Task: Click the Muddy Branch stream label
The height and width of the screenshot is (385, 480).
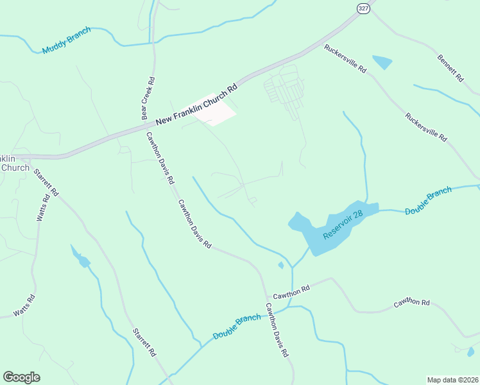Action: coord(67,40)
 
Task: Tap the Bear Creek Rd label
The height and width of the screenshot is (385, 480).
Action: coord(148,99)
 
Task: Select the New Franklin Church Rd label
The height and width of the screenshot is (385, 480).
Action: coord(197,103)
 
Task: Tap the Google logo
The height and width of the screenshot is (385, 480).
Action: coord(21,377)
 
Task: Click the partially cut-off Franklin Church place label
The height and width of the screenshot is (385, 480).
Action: coord(14,163)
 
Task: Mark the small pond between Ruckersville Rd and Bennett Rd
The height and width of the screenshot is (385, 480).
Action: coord(382,62)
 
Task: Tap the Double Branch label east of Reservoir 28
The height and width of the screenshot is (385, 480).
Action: coord(429,201)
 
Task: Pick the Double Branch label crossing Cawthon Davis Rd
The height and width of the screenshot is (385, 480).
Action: coord(237,327)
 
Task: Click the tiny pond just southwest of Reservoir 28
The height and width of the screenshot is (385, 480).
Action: coord(280,264)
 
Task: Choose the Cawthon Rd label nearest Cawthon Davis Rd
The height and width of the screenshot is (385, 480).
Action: coord(291,292)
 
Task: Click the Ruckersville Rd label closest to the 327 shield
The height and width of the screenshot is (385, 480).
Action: coord(345,58)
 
